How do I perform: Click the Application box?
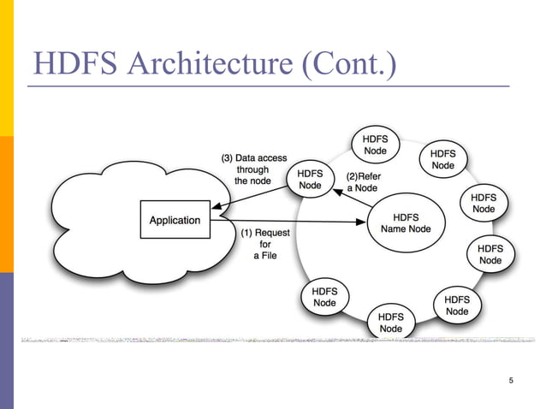[175, 220]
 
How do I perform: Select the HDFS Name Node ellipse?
[406, 223]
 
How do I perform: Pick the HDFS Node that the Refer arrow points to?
[311, 180]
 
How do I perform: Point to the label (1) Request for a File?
[265, 244]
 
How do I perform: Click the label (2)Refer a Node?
[363, 182]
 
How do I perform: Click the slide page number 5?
[510, 380]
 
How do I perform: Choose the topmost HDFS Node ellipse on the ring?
[376, 145]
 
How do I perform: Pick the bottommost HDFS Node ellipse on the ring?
[390, 323]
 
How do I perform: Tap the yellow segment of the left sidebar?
[7, 68]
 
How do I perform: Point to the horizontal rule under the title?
[265, 87]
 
